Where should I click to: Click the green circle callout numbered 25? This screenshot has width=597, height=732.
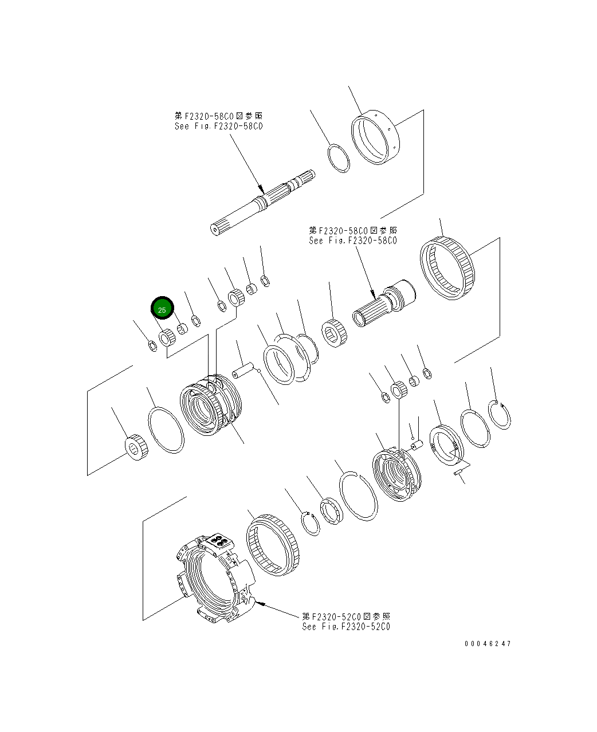pos(162,309)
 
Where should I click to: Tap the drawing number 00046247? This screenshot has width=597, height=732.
pos(488,643)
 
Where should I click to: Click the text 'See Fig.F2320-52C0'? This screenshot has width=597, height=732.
pos(346,626)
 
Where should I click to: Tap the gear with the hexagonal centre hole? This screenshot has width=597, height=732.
pos(333,333)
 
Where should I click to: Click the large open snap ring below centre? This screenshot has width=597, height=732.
pos(358,495)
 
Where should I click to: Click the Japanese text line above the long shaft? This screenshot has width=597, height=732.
pos(219,116)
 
